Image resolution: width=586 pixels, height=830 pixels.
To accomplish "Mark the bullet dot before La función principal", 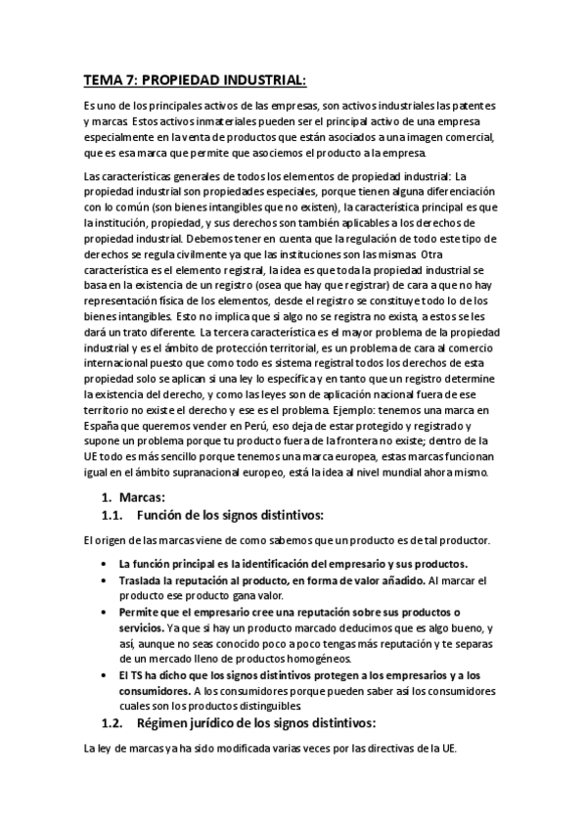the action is coord(106,564).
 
